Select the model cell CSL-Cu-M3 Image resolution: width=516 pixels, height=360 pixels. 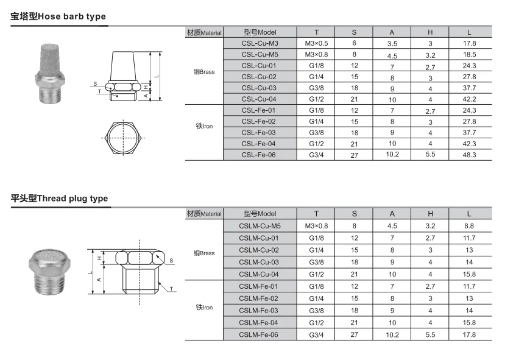(260, 43)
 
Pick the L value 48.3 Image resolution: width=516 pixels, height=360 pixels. (469, 155)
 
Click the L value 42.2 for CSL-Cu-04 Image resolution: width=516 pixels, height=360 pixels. (469, 99)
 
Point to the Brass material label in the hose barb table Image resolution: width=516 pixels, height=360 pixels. (204, 72)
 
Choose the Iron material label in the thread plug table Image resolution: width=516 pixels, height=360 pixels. (204, 308)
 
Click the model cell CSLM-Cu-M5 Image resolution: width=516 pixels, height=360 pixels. (260, 226)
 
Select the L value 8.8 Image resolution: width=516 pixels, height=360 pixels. (469, 226)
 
